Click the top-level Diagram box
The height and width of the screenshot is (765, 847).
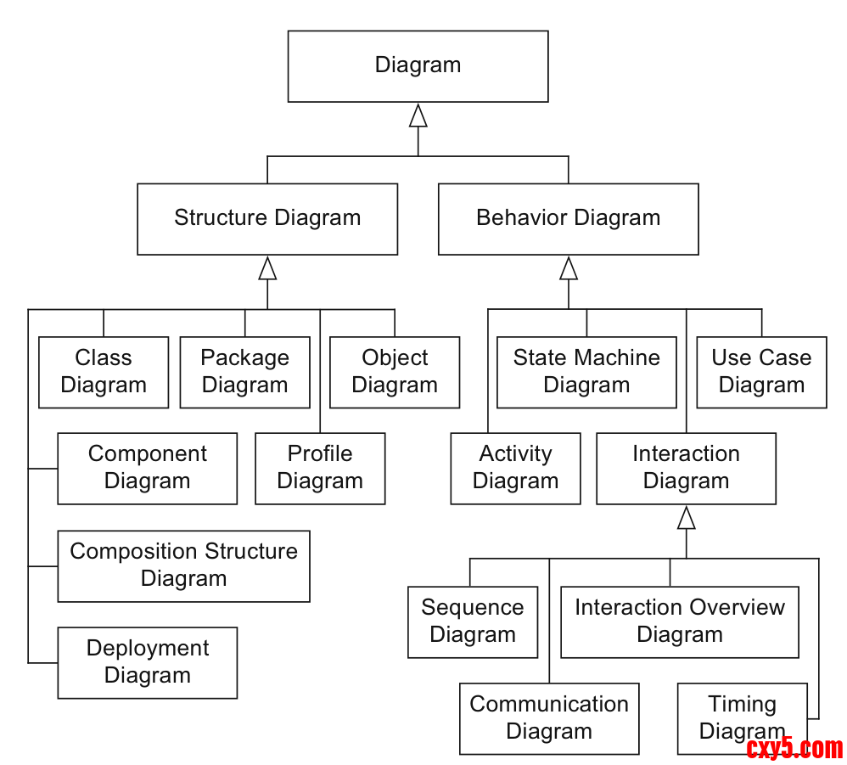click(x=418, y=66)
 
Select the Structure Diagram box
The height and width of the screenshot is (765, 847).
click(x=267, y=218)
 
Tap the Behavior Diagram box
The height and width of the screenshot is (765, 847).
click(x=568, y=218)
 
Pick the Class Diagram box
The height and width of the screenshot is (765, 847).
click(x=104, y=372)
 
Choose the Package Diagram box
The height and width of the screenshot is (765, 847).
click(x=244, y=372)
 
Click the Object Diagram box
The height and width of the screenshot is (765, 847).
click(x=395, y=372)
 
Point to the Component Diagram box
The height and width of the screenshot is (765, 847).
click(x=147, y=468)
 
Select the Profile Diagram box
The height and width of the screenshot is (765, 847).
click(x=320, y=468)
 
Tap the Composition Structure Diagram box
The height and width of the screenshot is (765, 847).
click(x=183, y=565)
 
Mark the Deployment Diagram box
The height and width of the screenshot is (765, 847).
click(x=147, y=662)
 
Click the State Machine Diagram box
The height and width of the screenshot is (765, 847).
click(x=586, y=372)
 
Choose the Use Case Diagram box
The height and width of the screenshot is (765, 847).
click(x=761, y=372)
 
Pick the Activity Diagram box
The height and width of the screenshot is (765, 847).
click(x=515, y=468)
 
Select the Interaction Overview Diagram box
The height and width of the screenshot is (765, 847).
click(x=679, y=622)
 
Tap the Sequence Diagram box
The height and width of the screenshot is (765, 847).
click(x=472, y=622)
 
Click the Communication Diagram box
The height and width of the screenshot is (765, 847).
click(x=549, y=718)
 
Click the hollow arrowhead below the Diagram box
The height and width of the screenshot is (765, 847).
click(x=418, y=115)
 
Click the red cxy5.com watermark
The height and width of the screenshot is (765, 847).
click(x=794, y=748)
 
